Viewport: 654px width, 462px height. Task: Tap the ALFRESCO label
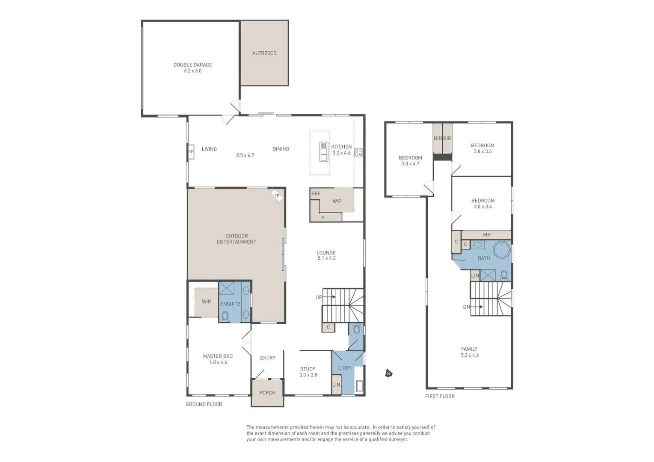tap(264, 53)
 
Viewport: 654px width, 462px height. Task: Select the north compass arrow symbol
tap(388, 373)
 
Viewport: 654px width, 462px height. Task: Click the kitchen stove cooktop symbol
tap(358, 152)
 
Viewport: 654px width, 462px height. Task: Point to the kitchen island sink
tap(324, 152)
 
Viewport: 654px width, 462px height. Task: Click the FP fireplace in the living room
tap(191, 152)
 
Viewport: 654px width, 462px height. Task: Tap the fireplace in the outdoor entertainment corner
tap(277, 196)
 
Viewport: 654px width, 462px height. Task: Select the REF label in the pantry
tap(316, 194)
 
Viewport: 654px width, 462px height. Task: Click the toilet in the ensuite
tap(225, 316)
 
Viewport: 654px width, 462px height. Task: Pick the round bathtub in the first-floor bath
tap(502, 249)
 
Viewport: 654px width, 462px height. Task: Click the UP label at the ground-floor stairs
tap(319, 297)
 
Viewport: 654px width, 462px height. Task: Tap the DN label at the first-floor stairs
tap(466, 307)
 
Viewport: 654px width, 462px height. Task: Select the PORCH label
tap(267, 393)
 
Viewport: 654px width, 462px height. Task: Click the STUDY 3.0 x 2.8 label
tap(308, 372)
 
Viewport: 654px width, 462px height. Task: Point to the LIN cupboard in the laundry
tap(336, 385)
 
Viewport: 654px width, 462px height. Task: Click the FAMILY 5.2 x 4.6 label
tap(469, 352)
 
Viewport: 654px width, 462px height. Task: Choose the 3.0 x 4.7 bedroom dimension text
tap(410, 164)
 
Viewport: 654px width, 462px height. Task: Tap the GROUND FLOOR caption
tap(204, 404)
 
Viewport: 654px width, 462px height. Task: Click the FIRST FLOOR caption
tap(440, 396)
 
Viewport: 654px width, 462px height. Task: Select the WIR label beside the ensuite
tap(206, 302)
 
